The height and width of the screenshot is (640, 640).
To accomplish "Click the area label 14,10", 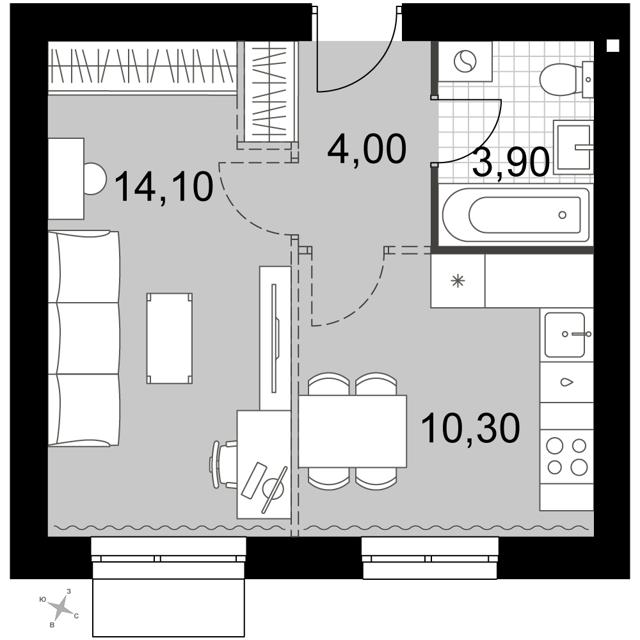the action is [x=164, y=186].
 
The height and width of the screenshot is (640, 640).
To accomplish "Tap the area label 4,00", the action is [x=367, y=149].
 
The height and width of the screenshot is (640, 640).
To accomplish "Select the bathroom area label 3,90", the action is [x=511, y=162].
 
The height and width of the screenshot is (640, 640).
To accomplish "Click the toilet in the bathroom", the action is [x=565, y=79].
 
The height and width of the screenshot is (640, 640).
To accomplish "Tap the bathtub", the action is [x=516, y=214].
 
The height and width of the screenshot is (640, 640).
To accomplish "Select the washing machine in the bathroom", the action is [x=465, y=61].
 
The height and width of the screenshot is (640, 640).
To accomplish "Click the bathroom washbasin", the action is [x=573, y=147].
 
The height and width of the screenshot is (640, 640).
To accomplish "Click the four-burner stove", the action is [x=566, y=456].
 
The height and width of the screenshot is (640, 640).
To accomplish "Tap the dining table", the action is [x=353, y=431].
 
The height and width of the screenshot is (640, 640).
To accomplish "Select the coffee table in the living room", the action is [x=170, y=339].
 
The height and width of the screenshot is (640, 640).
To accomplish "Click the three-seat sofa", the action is [x=84, y=339].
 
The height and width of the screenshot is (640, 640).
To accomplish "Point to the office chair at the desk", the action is [x=223, y=465].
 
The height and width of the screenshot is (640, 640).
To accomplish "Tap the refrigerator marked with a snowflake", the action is [x=458, y=281].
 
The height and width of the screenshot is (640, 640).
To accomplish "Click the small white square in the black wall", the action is [x=613, y=45].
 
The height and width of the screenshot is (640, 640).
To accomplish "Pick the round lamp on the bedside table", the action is [x=95, y=179].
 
